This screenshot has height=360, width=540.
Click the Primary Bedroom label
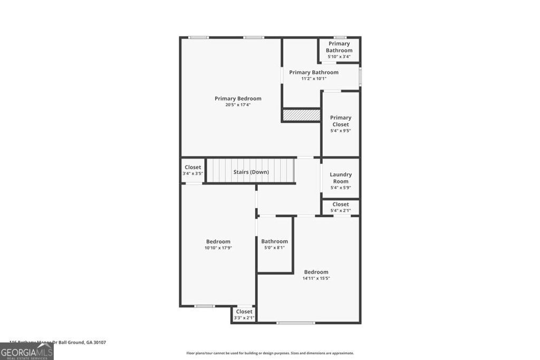[x=238, y=99]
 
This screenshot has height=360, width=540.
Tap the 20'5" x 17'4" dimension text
[x=238, y=105]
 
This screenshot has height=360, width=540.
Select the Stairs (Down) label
[x=251, y=172]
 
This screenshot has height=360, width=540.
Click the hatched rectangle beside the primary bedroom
[x=301, y=115]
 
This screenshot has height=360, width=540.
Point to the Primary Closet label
[x=341, y=121]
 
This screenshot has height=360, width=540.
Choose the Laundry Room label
[x=341, y=178]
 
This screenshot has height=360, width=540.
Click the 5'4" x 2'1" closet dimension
[x=341, y=210]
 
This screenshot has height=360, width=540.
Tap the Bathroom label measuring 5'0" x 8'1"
[x=274, y=241]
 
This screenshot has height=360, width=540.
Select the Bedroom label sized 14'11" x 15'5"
[x=316, y=272]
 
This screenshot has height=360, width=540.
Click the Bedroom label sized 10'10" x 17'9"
[x=218, y=241]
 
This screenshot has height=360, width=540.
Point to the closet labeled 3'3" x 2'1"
[x=244, y=314]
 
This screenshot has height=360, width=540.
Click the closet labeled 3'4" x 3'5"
[x=192, y=170]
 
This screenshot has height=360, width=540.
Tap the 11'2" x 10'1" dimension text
[x=314, y=79]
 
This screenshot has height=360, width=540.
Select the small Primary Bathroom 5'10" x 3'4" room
[x=339, y=50]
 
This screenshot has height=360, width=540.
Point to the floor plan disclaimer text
[x=269, y=353]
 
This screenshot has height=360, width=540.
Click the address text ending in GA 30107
[x=58, y=342]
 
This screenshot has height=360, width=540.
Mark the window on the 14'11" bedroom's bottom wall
[x=296, y=323]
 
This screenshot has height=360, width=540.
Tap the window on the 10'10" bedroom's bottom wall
[x=204, y=306]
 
